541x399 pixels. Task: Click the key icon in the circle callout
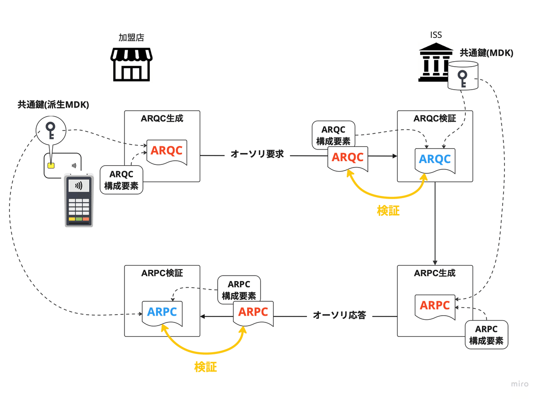point(50,130)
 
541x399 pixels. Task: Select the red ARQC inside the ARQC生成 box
point(166,151)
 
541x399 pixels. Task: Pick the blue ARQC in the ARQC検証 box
point(435,159)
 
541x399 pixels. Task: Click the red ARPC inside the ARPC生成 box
point(435,305)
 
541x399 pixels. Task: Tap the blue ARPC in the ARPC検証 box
point(162,312)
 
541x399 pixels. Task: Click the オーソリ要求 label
point(257,154)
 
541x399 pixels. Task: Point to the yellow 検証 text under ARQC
point(388,210)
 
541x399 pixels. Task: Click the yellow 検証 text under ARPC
point(206,367)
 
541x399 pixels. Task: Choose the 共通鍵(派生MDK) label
point(53,104)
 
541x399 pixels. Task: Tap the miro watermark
point(520,384)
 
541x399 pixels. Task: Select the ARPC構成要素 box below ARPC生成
point(486,335)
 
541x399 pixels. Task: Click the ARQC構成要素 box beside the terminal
point(121,180)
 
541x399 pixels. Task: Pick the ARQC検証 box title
point(435,118)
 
